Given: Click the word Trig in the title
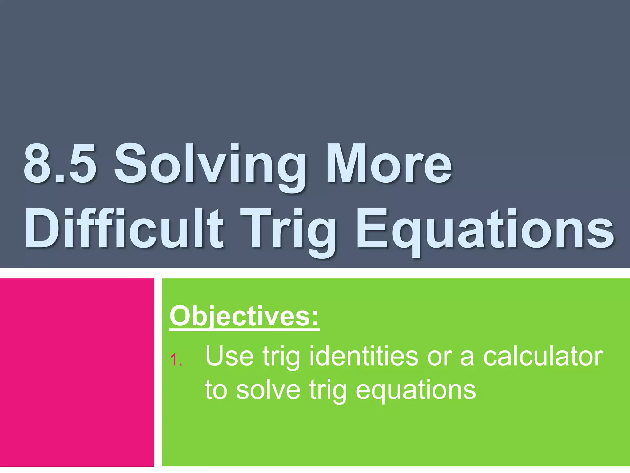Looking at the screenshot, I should point(288,231).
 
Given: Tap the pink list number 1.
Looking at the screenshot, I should point(176,360).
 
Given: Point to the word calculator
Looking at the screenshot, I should point(543,356).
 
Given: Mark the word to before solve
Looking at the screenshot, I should point(216,390).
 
